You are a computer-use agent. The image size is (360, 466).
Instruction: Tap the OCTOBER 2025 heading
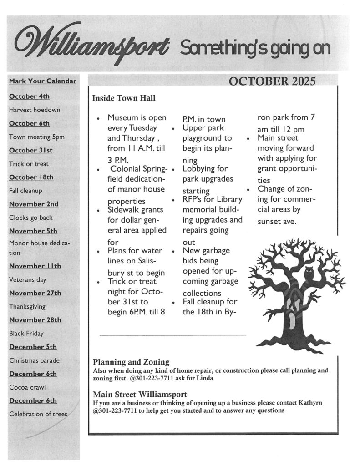(x=272, y=82)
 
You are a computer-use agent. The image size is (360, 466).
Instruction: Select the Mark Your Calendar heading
(x=42, y=82)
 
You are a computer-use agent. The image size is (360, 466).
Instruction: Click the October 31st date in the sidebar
(x=30, y=150)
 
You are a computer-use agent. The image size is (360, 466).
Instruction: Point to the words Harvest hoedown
(x=35, y=110)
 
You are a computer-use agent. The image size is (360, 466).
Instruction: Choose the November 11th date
(x=35, y=266)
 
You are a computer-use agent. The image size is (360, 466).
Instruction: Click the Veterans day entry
(x=28, y=280)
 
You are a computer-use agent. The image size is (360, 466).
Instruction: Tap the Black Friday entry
(x=26, y=334)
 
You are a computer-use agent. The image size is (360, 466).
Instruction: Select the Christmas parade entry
(x=35, y=360)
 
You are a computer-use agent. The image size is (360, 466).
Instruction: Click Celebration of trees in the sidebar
(x=38, y=414)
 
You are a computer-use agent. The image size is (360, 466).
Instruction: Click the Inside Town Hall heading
(x=124, y=98)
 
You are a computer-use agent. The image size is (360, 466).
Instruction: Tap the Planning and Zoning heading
(x=131, y=363)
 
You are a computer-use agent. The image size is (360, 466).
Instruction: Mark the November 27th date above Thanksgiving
(x=35, y=293)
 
